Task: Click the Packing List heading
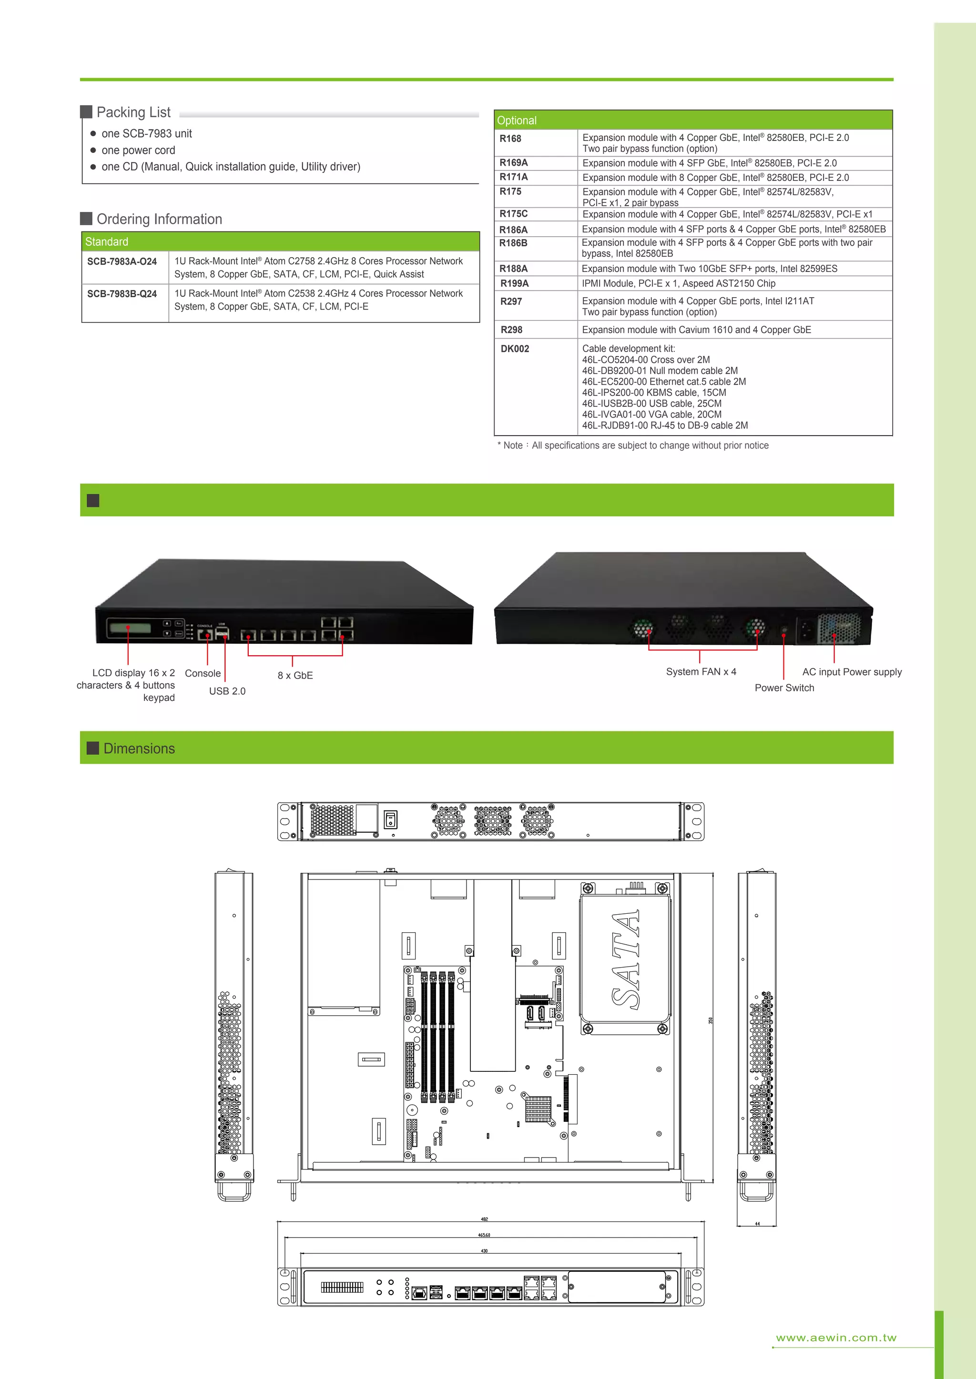point(133,112)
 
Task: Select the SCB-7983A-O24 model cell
point(122,261)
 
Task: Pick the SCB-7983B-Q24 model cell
point(122,294)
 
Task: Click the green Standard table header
point(280,241)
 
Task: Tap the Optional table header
point(692,120)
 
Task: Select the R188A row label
point(514,269)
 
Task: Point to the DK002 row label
point(514,349)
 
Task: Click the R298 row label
point(511,330)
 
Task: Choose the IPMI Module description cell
point(679,283)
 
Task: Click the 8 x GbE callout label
point(295,675)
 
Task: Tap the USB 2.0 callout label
point(227,691)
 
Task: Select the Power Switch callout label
point(784,688)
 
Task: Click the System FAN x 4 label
point(701,671)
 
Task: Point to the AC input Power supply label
point(852,671)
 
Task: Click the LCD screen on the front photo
point(129,628)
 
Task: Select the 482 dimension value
point(484,1219)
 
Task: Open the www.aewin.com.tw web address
point(836,1338)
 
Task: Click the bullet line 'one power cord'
point(138,150)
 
